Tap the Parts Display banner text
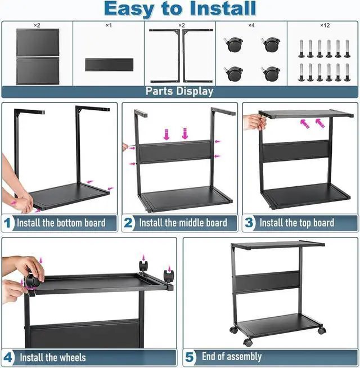[x=179, y=91]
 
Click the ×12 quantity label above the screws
[x=324, y=26]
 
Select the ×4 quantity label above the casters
[x=252, y=26]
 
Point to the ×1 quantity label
[x=109, y=26]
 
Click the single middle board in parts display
[x=109, y=64]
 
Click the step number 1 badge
[x=8, y=223]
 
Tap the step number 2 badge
[x=129, y=223]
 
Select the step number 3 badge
[x=249, y=223]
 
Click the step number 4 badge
[x=8, y=357]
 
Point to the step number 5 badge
[x=190, y=357]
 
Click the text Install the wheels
[x=53, y=357]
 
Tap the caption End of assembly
[x=232, y=357]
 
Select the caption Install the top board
[x=296, y=223]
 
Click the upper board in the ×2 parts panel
[x=37, y=42]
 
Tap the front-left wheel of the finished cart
[x=247, y=342]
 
